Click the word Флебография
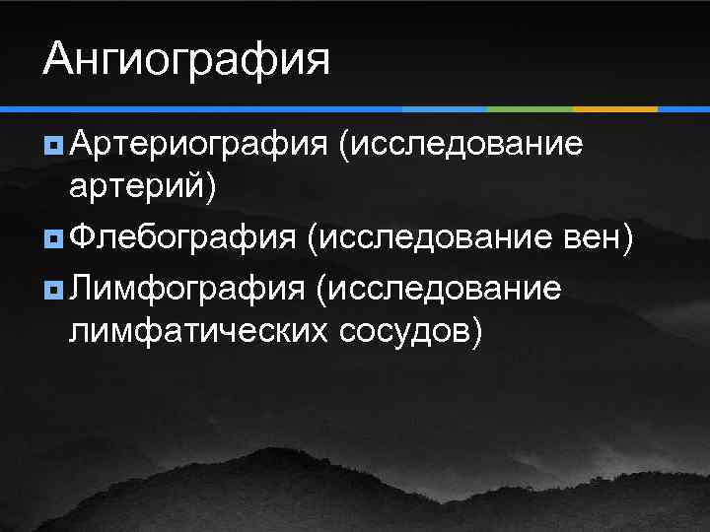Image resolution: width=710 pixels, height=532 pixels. click(182, 237)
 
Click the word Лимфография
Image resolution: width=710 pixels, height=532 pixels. click(187, 289)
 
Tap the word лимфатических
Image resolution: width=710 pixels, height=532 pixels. click(197, 332)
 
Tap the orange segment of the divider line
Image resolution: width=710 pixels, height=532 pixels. click(615, 107)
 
